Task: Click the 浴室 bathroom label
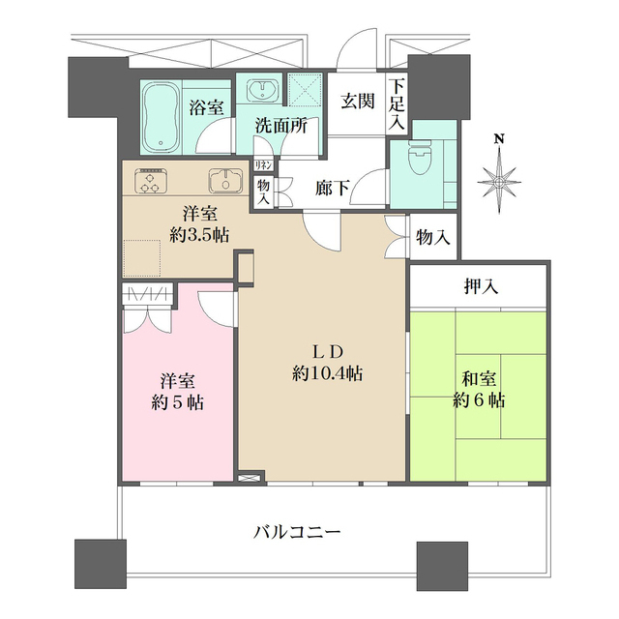pos(206,106)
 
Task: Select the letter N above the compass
pos(500,138)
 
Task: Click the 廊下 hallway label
pos(333,190)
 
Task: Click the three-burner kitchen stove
pos(152,181)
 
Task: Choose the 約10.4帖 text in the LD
pos(329,372)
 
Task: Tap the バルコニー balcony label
pos(297,531)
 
